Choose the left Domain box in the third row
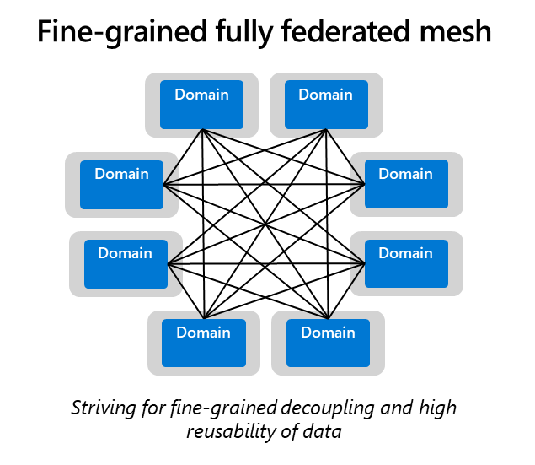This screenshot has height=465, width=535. [125, 262]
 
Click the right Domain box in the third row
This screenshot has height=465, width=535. [405, 262]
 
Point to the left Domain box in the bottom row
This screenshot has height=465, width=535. [203, 342]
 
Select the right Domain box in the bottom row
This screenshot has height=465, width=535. [328, 342]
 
